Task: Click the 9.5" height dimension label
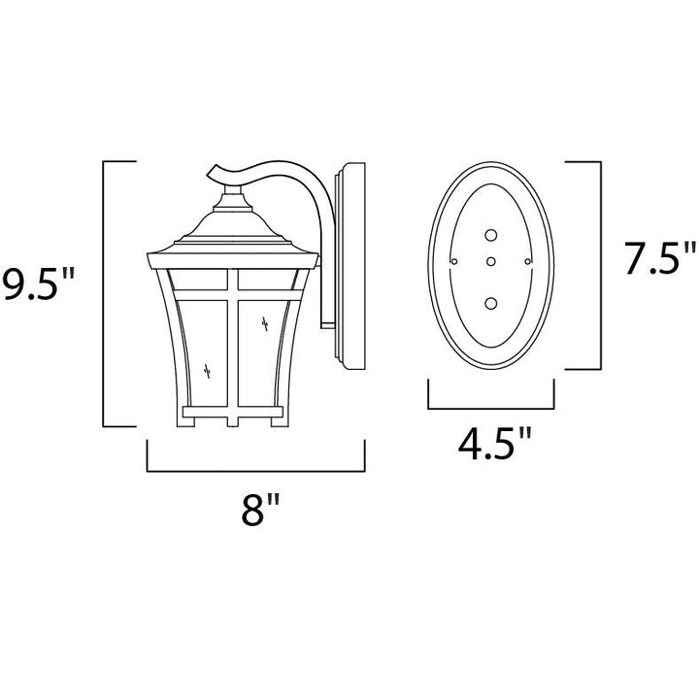38,284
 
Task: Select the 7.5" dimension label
660,258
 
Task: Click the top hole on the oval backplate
491,235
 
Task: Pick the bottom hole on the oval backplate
491,304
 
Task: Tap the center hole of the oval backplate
491,261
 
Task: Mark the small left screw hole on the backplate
454,261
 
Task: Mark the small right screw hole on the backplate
528,261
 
